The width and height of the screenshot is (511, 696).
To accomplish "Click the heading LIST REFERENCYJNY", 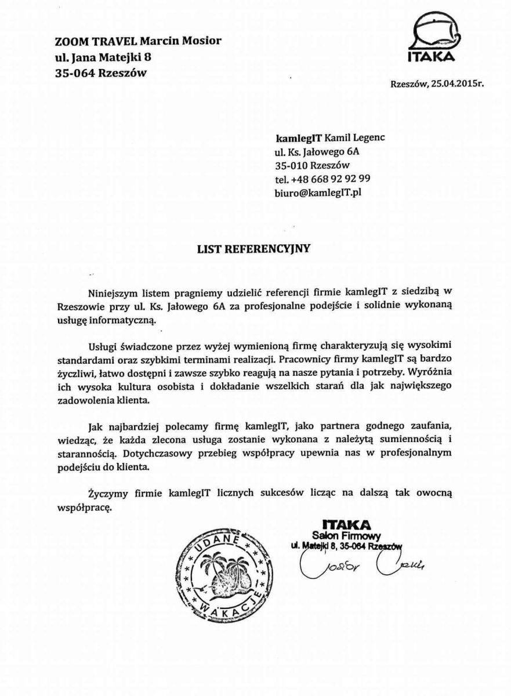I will coord(255,249).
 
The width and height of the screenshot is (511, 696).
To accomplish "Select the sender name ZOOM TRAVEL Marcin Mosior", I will coord(137,41).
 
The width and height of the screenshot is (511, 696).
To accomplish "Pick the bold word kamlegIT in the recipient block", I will coord(298,137).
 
